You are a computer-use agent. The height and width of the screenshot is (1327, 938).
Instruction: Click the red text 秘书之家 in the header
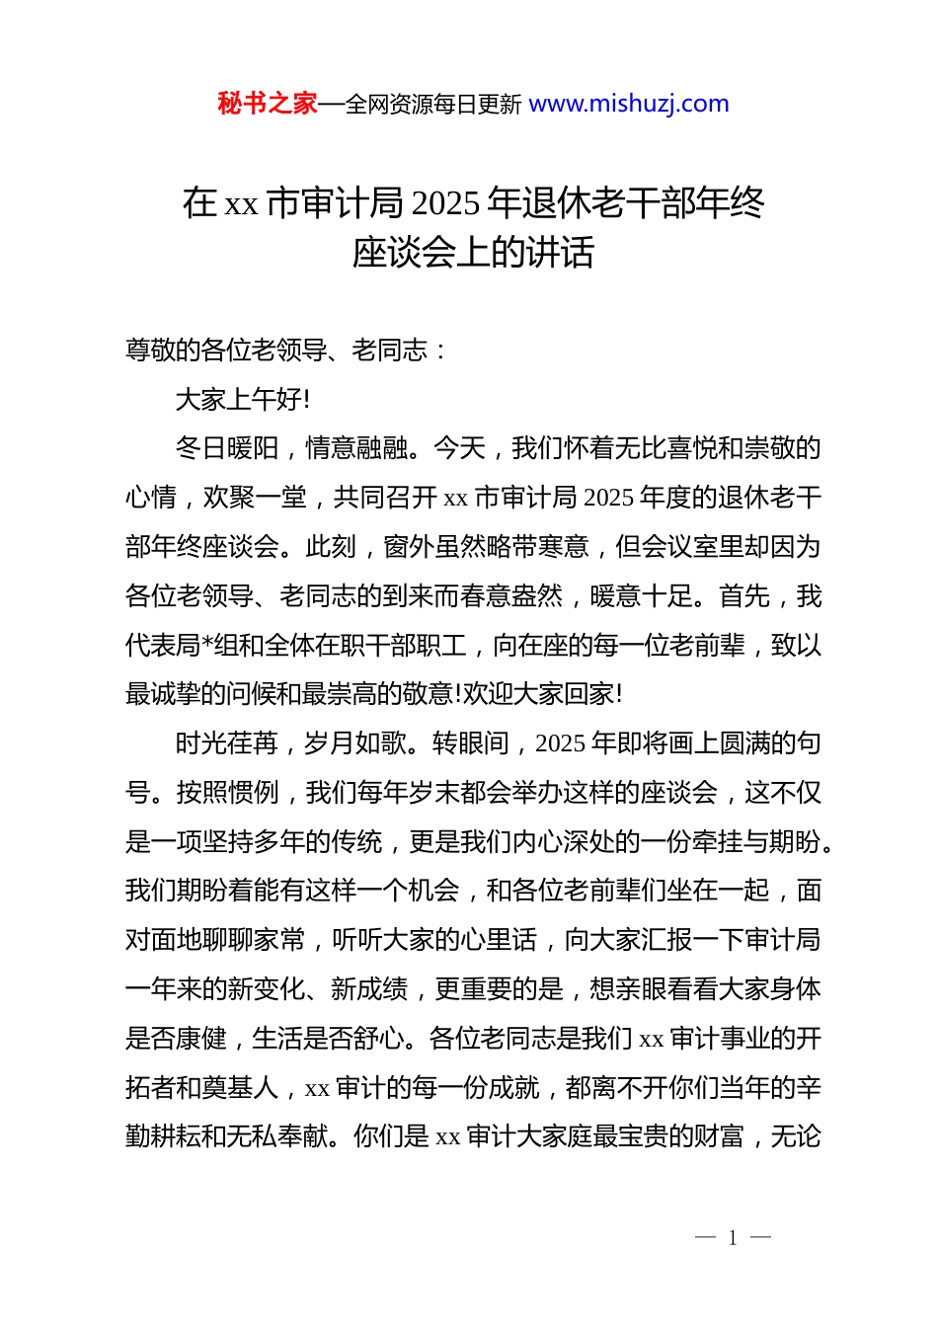267,104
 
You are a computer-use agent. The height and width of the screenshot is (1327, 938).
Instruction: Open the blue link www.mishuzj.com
629,104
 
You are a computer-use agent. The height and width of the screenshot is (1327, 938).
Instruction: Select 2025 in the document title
445,203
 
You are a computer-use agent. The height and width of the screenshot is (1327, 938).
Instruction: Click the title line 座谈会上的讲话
473,253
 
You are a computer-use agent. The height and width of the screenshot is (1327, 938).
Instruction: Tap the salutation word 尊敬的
163,350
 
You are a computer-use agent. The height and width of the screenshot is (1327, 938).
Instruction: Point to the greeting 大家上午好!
242,399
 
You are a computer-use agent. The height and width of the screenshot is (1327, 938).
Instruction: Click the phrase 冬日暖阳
227,448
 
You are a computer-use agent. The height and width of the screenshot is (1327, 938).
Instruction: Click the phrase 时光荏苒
227,743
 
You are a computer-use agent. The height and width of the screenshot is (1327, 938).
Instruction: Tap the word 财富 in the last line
718,1136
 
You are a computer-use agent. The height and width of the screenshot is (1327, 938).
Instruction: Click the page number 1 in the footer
733,1238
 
